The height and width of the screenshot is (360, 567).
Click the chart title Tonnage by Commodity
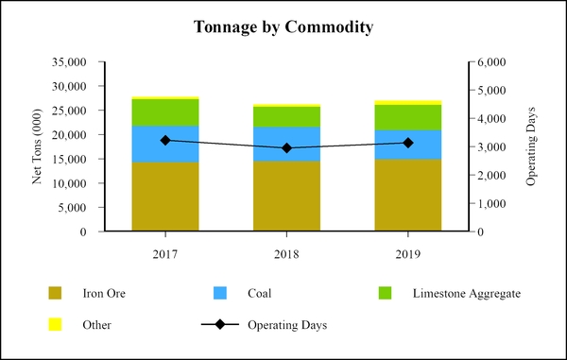[283, 27]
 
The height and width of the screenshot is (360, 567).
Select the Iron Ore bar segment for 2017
[165, 197]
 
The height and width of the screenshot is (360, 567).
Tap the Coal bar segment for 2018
[286, 144]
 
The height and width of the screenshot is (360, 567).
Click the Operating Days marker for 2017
[165, 141]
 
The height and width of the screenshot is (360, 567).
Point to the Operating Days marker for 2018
[286, 148]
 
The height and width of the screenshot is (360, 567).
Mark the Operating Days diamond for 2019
[407, 143]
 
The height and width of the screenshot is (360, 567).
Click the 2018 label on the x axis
[286, 253]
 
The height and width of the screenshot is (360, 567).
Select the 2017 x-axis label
[165, 253]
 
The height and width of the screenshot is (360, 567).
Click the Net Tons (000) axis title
[39, 146]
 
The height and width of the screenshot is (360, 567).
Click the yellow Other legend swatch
[56, 325]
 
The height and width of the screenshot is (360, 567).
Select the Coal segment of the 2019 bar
[407, 145]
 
